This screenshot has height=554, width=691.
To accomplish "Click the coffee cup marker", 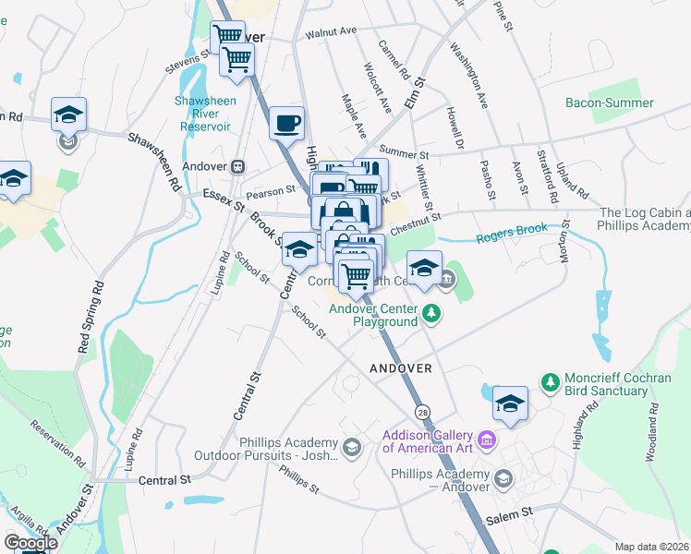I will tap(287, 122).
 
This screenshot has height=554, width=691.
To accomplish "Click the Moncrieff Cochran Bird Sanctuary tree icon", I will tap(550, 381).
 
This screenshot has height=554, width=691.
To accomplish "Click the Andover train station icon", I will tap(237, 166).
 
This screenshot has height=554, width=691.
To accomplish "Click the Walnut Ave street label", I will tap(332, 30).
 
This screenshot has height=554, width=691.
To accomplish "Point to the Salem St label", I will tap(515, 511).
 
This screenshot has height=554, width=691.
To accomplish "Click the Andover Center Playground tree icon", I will tap(430, 315).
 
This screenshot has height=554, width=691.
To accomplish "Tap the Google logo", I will tap(30, 542).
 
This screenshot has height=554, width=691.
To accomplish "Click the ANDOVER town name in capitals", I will tap(401, 367).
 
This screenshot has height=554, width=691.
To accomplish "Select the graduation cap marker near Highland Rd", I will tap(510, 403).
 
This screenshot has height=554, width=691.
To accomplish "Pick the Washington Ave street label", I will tap(468, 75).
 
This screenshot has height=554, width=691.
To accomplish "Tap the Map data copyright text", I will tap(652, 547).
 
